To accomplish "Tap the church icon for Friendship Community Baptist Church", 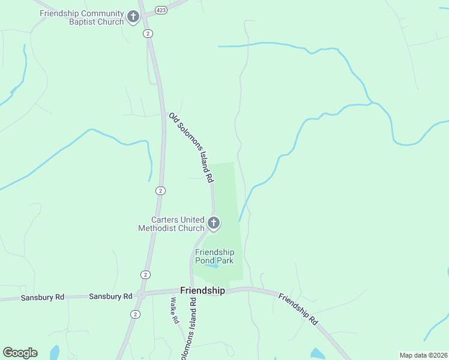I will click(x=133, y=17).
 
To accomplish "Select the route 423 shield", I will click(x=161, y=10).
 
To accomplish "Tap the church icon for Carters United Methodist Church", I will click(x=213, y=224).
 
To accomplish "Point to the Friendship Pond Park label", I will click(x=214, y=256).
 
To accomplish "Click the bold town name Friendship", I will click(x=203, y=290).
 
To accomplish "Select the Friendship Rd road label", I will click(x=298, y=308).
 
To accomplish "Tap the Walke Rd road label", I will click(x=175, y=311).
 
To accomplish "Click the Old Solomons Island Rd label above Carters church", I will click(x=191, y=148).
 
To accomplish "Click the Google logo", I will click(x=20, y=353).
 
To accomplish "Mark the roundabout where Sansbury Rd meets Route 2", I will click(x=141, y=295).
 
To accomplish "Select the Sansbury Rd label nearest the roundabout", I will click(x=110, y=296).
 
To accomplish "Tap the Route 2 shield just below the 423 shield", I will click(x=148, y=34).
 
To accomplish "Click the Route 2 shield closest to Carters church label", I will click(x=160, y=191).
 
